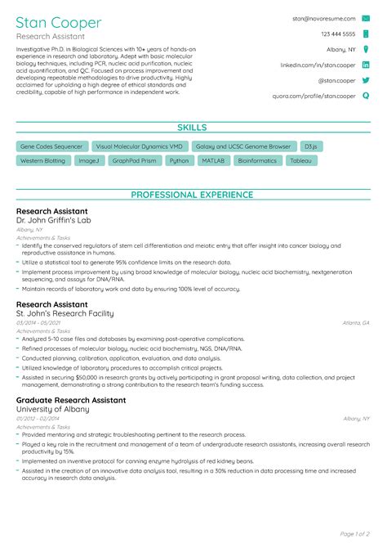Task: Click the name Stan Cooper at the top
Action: tap(59, 22)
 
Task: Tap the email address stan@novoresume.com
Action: tap(324, 18)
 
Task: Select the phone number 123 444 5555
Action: tap(338, 34)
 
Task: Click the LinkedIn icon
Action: tap(366, 65)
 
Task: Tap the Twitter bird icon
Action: tap(366, 80)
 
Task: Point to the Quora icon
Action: tap(366, 96)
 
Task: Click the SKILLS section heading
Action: tap(193, 128)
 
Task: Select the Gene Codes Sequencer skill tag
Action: tap(51, 146)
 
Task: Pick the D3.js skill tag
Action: tap(310, 146)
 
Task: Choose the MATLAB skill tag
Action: tap(213, 161)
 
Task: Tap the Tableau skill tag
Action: tap(300, 161)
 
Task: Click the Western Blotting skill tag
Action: tap(42, 161)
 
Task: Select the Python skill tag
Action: tap(178, 161)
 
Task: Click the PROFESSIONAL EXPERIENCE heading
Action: tap(193, 195)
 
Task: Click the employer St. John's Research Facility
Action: tap(64, 313)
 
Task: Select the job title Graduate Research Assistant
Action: tap(71, 401)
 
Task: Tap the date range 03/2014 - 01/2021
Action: tap(37, 323)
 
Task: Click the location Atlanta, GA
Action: tap(356, 323)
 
